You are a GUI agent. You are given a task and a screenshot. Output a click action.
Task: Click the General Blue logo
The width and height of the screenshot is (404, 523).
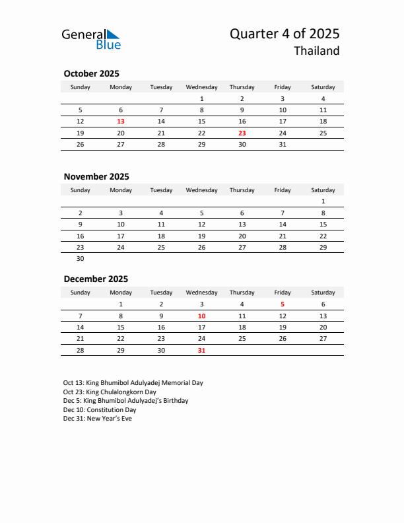point(91,39)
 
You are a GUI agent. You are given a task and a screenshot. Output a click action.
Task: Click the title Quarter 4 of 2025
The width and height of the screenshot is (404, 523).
point(285,34)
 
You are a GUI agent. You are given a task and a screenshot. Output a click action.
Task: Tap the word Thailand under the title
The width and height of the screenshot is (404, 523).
point(317,51)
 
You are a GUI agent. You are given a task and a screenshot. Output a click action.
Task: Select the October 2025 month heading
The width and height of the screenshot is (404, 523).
point(91,74)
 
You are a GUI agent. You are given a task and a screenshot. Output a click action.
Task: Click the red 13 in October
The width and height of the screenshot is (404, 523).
point(121,122)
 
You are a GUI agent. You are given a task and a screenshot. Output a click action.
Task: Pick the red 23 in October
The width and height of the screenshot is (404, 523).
point(242,133)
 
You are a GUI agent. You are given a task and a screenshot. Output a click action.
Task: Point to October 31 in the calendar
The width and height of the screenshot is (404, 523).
point(283,145)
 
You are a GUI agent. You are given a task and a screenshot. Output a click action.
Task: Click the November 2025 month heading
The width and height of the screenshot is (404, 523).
point(96,176)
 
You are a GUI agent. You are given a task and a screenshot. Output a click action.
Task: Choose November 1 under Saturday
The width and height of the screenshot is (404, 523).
point(323,201)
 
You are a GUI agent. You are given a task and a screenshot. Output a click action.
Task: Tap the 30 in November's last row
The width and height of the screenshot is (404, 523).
point(81,259)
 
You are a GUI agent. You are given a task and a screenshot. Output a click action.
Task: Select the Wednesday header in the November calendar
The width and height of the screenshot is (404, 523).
point(201,190)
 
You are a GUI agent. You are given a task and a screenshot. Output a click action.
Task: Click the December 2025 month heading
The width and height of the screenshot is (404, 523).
point(96,279)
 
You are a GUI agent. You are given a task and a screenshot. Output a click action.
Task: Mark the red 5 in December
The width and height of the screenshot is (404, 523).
point(283,304)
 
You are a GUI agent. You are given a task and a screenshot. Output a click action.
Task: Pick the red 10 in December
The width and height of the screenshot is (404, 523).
point(201,316)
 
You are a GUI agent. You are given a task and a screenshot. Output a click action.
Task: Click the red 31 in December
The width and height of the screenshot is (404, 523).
point(201,351)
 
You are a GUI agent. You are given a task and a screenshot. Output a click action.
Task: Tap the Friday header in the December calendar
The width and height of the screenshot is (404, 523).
point(283,293)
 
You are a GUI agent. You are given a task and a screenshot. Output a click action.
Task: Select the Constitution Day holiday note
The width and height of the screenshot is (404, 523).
point(100,409)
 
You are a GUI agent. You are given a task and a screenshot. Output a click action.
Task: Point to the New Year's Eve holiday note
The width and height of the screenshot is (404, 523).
point(98,419)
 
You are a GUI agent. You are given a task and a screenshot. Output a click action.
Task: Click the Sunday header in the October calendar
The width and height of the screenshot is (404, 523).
point(81,87)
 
